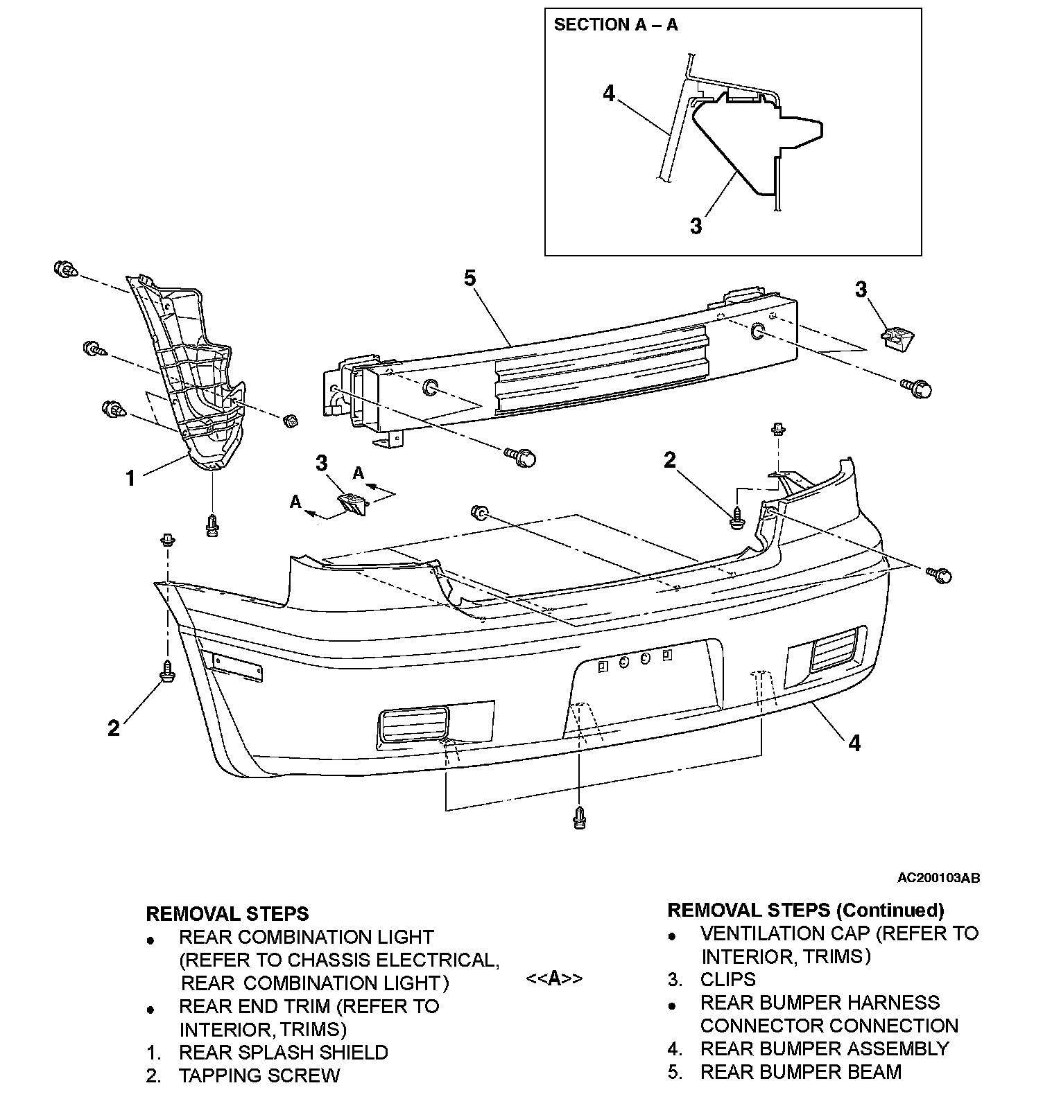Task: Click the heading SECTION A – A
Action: pos(615,26)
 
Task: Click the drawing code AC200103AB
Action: pos(938,878)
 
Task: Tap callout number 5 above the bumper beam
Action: pos(470,279)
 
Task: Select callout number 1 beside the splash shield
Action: pos(130,477)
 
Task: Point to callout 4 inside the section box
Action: pos(609,93)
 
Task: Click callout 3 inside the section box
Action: pos(696,226)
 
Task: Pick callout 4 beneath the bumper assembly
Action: pos(854,743)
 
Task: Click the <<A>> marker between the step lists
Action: pos(554,978)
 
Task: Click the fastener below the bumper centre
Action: pos(580,818)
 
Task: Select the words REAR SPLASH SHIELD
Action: pos(283,1052)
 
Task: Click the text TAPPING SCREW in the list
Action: pos(259,1075)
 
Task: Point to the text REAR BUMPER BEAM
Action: pos(801,1072)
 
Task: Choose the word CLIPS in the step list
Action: pos(728,979)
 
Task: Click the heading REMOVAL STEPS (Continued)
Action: pos(805,910)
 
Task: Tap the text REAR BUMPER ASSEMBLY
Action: pos(825,1048)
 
